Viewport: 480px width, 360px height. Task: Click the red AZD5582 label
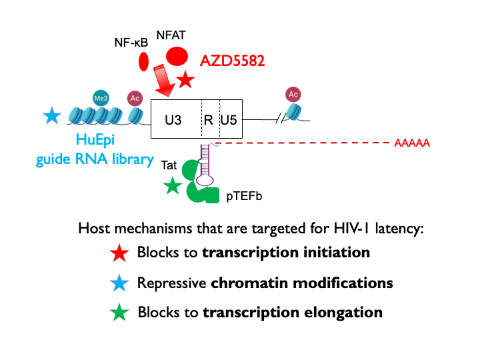[233, 61]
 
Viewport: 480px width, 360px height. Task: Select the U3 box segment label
[173, 120]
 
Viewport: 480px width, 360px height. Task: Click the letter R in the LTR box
[208, 120]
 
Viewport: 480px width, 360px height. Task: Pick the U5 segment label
[229, 120]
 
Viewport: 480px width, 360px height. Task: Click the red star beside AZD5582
[185, 81]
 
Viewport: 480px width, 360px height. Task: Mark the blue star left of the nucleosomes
[51, 116]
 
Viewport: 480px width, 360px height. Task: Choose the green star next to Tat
[172, 186]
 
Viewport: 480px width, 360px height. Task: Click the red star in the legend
[119, 253]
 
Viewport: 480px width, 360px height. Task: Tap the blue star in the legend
[119, 283]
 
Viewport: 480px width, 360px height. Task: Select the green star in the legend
[119, 312]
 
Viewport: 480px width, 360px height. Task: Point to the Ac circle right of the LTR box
[293, 93]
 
